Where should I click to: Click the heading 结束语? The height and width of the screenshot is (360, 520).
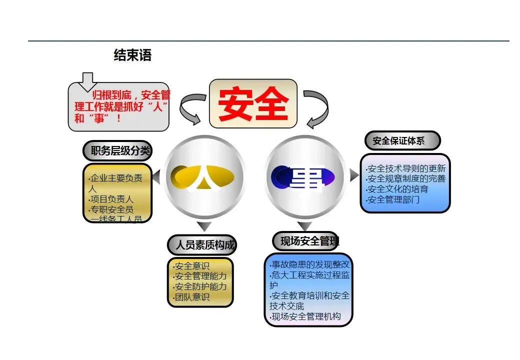[x=132, y=55]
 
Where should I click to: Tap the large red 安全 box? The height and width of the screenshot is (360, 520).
[x=253, y=103]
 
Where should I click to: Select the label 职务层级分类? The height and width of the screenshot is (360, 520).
[x=116, y=150]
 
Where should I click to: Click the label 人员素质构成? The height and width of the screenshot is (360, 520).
[x=201, y=245]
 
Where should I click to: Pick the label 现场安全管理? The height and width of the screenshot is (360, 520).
[x=306, y=241]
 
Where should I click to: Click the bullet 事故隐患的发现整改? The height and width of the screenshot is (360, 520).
[x=309, y=264]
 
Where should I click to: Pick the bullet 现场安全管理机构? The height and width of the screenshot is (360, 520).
[x=305, y=316]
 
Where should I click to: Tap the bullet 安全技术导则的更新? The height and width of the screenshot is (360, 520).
[x=405, y=168]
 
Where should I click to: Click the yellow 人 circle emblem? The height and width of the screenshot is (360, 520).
[x=204, y=175]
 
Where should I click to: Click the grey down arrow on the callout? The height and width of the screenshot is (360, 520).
[x=88, y=81]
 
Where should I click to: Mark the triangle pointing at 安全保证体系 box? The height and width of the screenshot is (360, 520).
[x=354, y=175]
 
